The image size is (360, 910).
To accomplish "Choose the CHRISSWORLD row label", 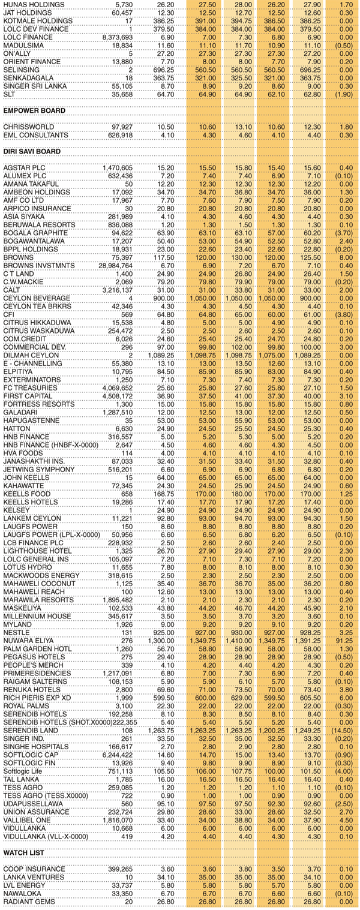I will click(29, 127).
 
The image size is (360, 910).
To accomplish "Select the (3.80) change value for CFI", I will click(343, 312).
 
